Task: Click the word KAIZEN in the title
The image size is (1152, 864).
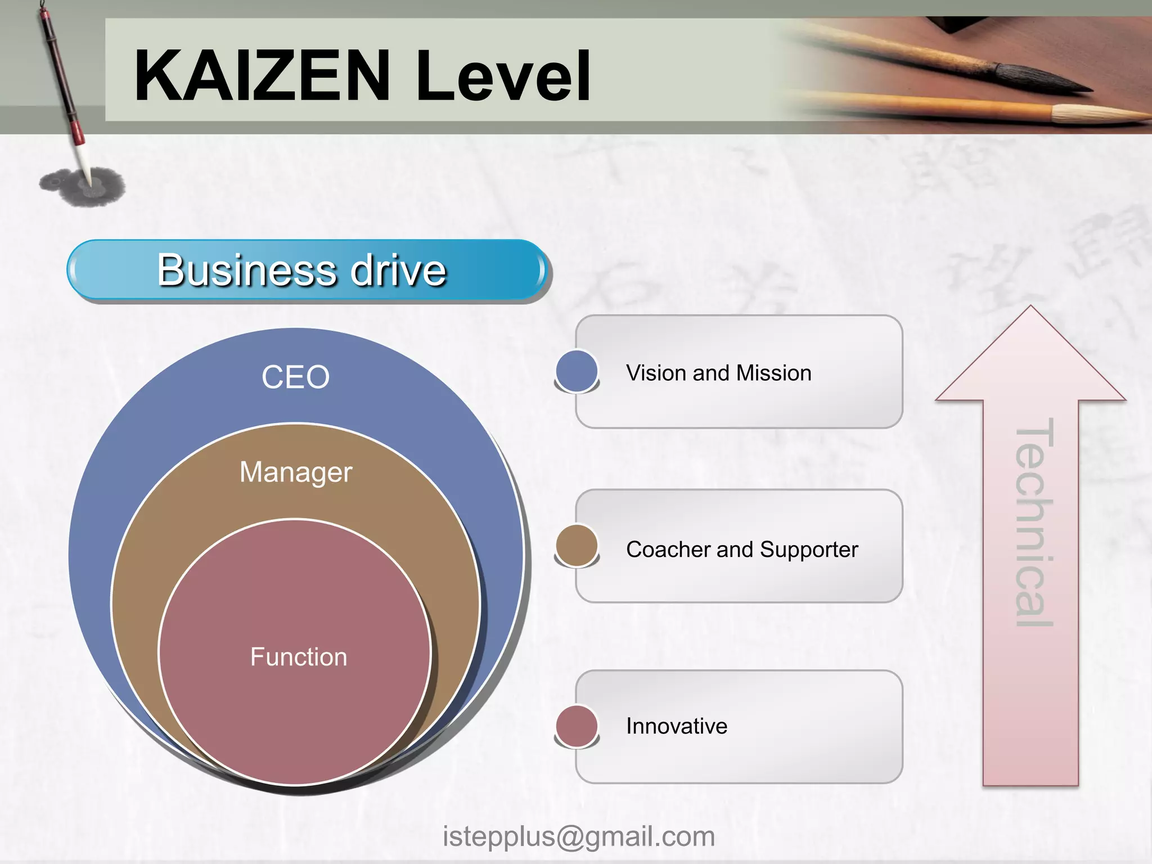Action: coord(262,76)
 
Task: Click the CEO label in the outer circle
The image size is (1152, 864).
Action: coord(295,377)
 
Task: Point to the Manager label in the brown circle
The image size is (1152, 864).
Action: coord(296,472)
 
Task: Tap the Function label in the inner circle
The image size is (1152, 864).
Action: coord(299,657)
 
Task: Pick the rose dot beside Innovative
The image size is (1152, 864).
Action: coord(577,726)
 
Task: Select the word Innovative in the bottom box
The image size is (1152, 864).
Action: coord(677,726)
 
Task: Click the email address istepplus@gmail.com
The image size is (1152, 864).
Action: coord(579,836)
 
